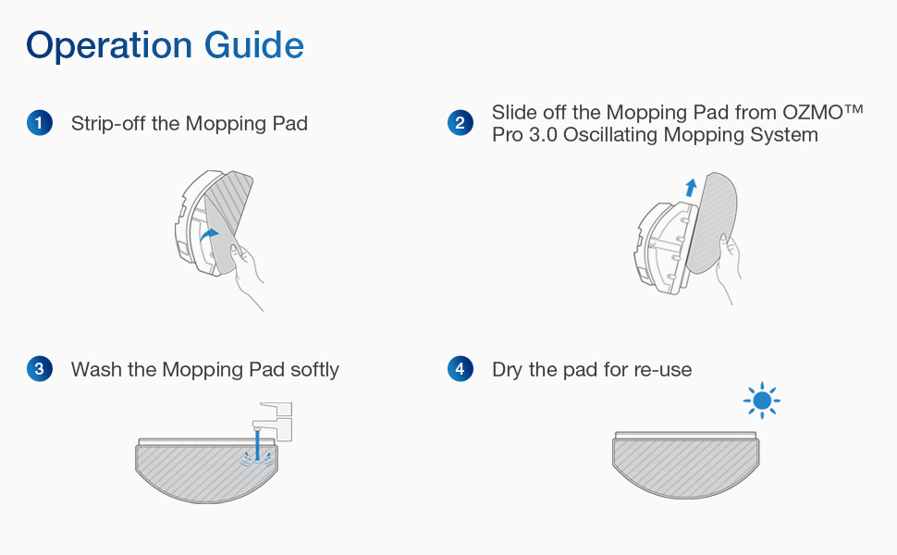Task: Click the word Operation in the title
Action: (109, 45)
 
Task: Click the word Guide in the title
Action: (254, 44)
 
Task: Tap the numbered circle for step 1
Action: (40, 123)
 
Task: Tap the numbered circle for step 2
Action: (461, 123)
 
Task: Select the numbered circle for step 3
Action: (40, 369)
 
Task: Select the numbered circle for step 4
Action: (461, 369)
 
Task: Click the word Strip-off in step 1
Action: (108, 124)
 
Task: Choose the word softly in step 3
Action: (314, 370)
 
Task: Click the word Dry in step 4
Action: (508, 370)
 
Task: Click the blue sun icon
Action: (762, 401)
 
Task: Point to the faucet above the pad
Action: (274, 421)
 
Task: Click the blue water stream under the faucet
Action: (258, 445)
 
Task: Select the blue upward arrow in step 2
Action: (691, 188)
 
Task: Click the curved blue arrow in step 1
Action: (209, 235)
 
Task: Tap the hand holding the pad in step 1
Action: (247, 275)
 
